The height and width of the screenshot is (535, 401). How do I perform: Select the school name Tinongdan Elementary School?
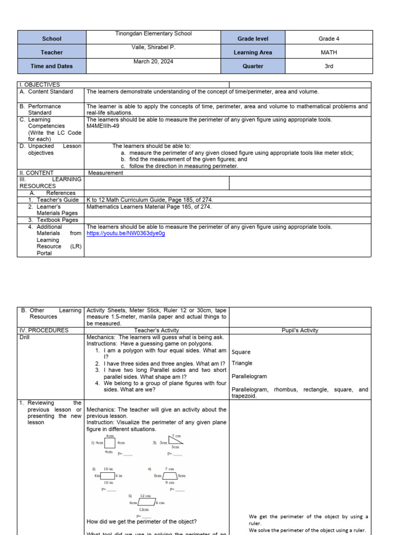click(x=153, y=33)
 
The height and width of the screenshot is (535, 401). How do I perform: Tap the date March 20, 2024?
click(x=153, y=61)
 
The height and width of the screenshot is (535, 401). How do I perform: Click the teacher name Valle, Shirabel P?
click(x=153, y=47)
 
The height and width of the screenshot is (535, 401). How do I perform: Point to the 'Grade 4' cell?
click(x=329, y=39)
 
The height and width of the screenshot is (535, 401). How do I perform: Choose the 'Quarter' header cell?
click(x=253, y=66)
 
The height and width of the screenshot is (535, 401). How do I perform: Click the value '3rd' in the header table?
click(x=329, y=66)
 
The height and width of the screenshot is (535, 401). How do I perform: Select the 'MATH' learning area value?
click(x=329, y=52)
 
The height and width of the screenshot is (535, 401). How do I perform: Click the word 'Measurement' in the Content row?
click(x=105, y=173)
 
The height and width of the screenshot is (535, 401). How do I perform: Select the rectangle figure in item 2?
click(x=108, y=475)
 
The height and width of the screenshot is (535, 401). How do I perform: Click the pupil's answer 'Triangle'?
click(x=242, y=363)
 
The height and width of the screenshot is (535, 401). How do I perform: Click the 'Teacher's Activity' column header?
click(x=156, y=330)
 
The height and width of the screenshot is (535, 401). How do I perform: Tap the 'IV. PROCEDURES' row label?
click(x=44, y=330)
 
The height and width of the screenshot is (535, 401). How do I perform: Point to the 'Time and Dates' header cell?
click(x=52, y=66)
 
